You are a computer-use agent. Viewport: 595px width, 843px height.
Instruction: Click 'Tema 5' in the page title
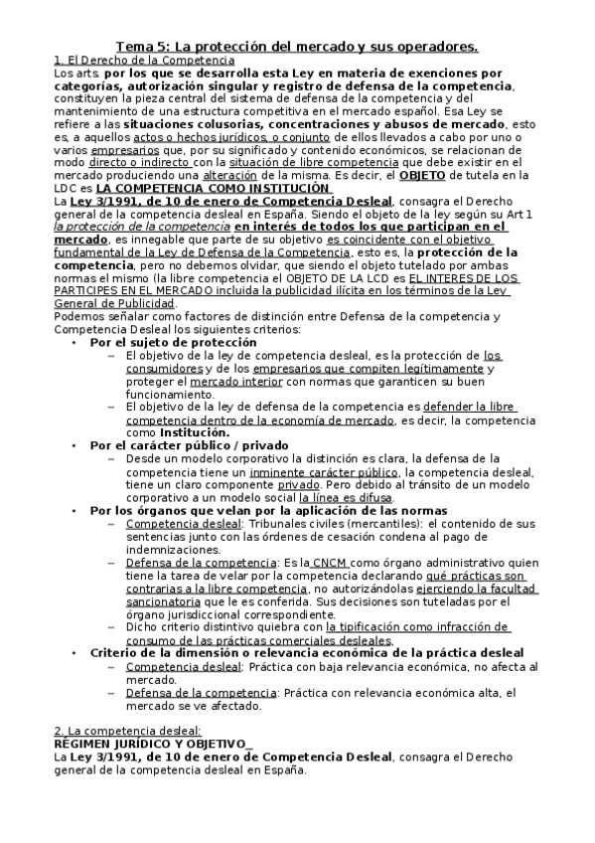pos(141,46)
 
